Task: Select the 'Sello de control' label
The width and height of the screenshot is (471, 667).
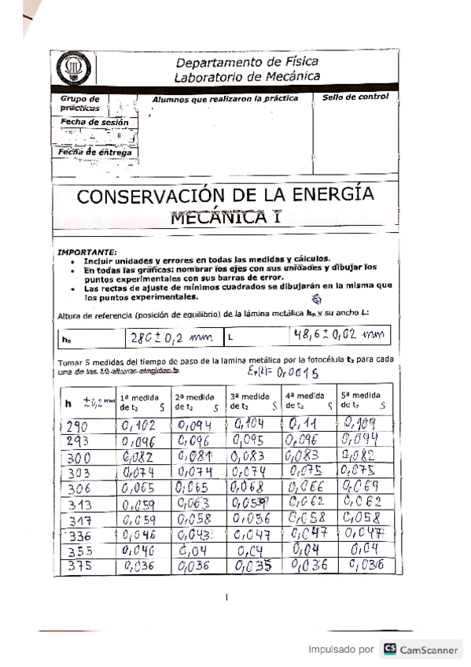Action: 355,97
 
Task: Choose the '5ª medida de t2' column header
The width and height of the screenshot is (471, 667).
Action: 362,401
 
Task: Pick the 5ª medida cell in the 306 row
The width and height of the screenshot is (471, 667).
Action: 362,487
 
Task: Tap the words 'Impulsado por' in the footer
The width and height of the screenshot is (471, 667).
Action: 340,650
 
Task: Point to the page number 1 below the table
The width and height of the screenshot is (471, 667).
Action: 227,597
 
